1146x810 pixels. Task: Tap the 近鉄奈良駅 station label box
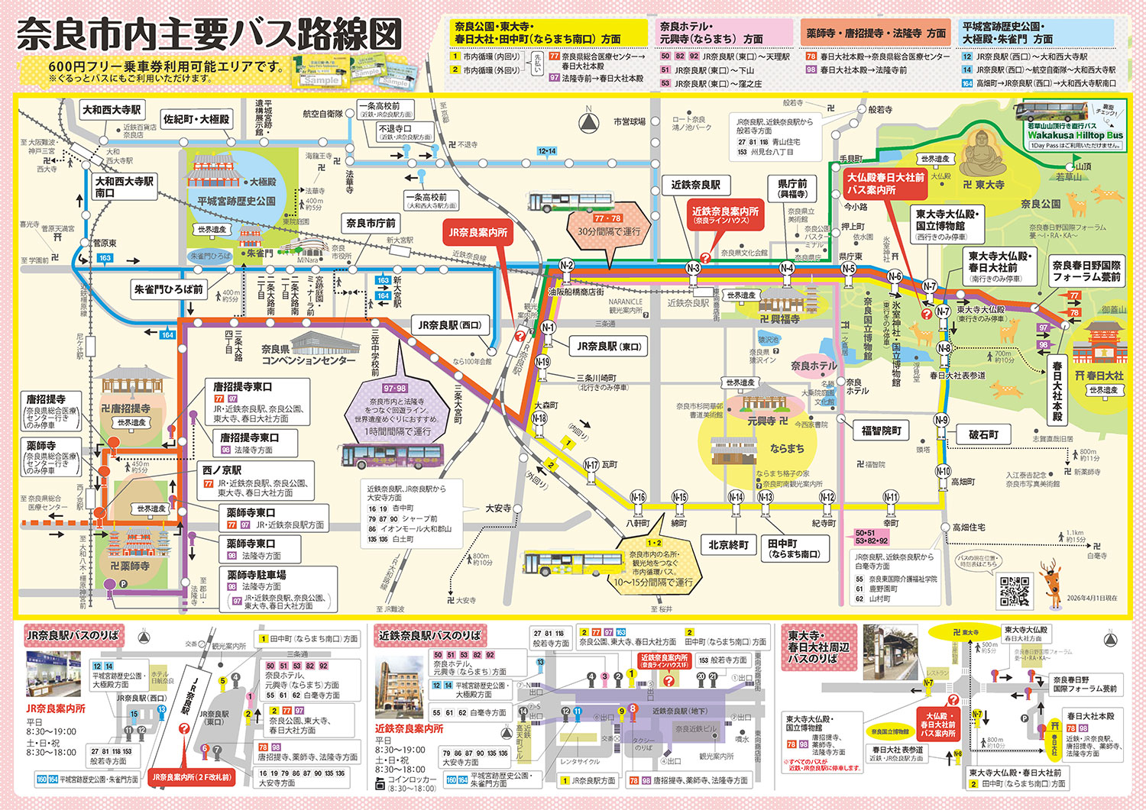695,185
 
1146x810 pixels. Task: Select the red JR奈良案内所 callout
478,233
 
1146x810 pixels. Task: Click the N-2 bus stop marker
566,266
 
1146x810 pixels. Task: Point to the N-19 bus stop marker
542,362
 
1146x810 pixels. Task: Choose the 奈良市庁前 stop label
371,223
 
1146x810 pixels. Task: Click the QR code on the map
1015,589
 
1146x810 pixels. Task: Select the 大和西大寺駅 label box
112,110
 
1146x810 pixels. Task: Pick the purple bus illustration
379,456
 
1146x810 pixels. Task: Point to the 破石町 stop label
983,434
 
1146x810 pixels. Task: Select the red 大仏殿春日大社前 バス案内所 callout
885,183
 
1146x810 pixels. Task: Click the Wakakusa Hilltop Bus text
1075,135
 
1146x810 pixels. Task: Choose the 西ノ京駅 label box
222,470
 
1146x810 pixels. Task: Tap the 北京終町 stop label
728,545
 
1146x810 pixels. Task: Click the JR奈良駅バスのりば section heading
73,635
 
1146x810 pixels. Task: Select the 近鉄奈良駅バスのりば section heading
429,635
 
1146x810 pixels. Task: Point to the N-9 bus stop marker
941,420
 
